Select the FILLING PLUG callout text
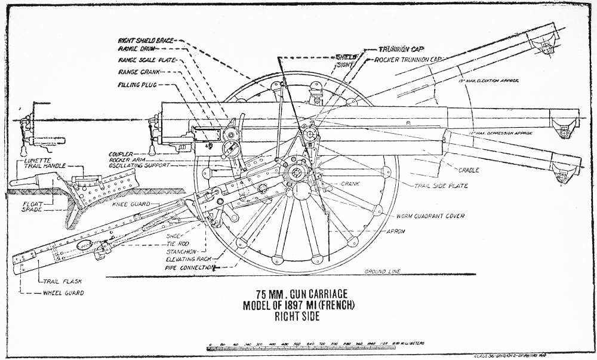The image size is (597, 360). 138,84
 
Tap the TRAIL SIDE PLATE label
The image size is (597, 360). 442,186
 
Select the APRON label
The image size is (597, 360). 395,231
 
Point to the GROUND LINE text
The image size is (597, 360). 383,272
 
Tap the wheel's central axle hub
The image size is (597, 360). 297,172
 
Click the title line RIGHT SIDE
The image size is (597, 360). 297,318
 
